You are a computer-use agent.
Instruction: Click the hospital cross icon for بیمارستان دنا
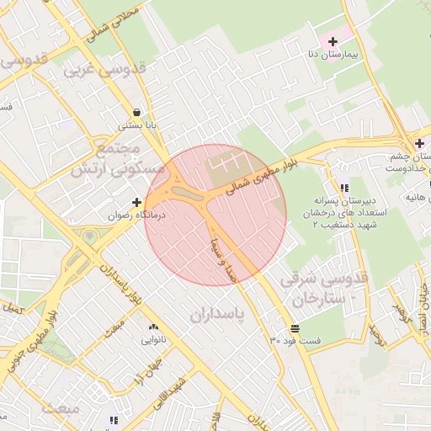tap(333, 41)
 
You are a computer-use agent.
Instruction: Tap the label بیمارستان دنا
tap(334, 54)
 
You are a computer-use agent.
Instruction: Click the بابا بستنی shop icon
tap(136, 112)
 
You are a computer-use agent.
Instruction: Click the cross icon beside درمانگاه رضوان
tap(137, 202)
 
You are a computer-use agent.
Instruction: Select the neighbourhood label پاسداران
tap(215, 315)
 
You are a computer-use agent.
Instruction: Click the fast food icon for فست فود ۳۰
tap(295, 327)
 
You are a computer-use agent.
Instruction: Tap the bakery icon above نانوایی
tap(152, 327)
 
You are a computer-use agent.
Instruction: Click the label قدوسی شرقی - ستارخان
tap(323, 288)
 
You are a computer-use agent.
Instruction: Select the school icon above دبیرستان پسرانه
tap(344, 188)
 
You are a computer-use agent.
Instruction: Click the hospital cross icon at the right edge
tap(418, 142)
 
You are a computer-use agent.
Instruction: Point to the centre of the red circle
tap(215, 215)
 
